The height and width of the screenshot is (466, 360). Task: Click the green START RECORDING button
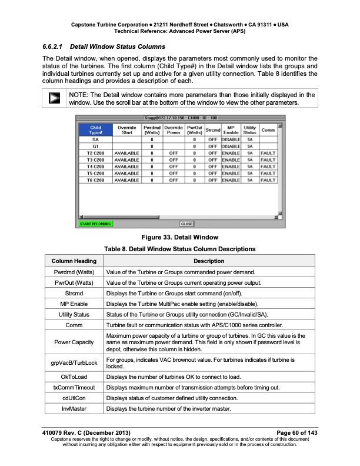pyautogui.click(x=95, y=224)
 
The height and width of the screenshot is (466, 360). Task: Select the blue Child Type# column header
pyautogui.click(x=95, y=130)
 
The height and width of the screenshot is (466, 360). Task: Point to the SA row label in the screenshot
pyautogui.click(x=95, y=139)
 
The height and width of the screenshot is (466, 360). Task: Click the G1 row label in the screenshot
pyautogui.click(x=95, y=146)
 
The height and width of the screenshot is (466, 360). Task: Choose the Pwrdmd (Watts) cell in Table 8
pyautogui.click(x=74, y=273)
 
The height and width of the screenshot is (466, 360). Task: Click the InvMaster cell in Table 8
pyautogui.click(x=74, y=408)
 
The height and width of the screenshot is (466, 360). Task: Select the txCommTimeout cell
pyautogui.click(x=74, y=387)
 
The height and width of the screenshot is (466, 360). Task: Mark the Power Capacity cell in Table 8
pyautogui.click(x=74, y=341)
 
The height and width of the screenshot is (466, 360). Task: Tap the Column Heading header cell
pyautogui.click(x=74, y=261)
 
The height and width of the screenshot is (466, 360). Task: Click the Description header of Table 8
pyautogui.click(x=209, y=261)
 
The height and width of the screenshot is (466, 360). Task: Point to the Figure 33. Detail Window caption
pyautogui.click(x=180, y=237)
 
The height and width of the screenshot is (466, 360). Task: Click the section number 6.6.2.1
pyautogui.click(x=54, y=46)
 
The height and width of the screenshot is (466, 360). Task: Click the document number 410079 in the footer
pyautogui.click(x=54, y=433)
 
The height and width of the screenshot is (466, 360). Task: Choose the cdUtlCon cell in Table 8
pyautogui.click(x=74, y=398)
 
